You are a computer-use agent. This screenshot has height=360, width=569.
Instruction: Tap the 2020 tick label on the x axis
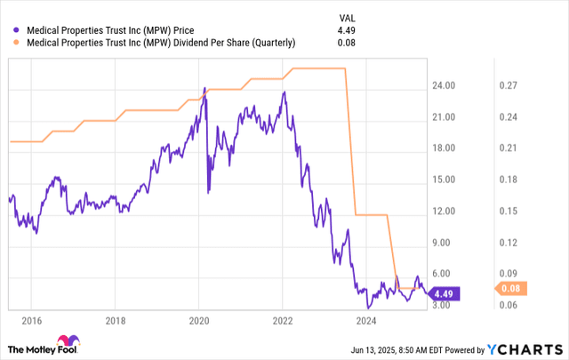click(x=198, y=320)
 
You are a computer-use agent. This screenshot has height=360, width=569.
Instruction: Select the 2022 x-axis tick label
click(x=283, y=320)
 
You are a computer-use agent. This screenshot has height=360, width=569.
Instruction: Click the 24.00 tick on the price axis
click(x=444, y=86)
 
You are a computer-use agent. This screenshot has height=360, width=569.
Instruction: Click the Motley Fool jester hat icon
click(x=65, y=343)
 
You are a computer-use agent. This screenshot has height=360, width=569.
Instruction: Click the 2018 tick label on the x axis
click(x=115, y=320)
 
